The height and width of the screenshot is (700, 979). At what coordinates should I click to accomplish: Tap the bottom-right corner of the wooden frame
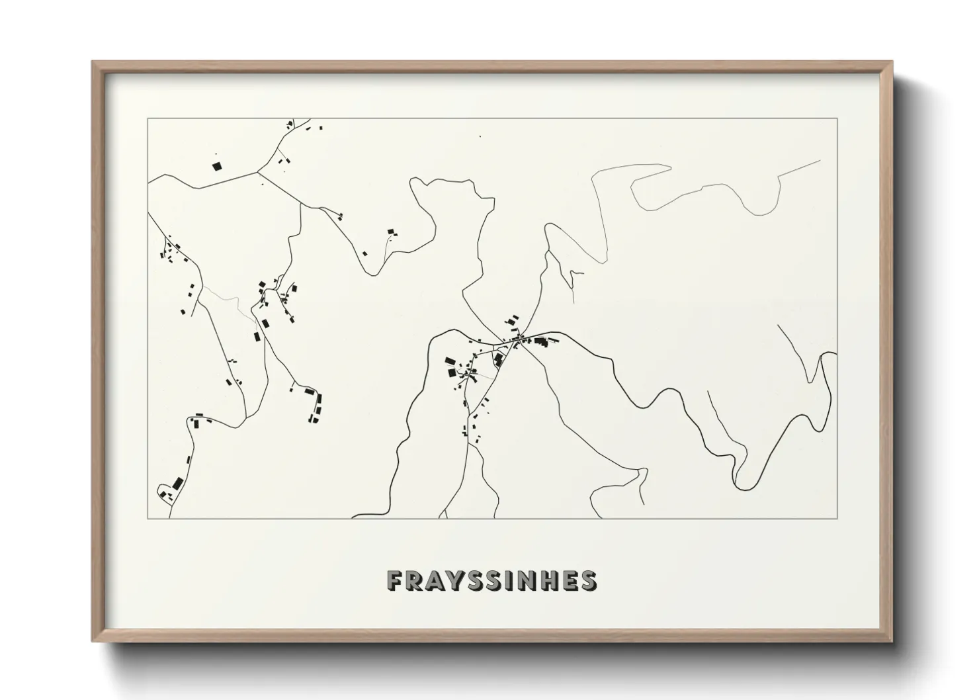892,641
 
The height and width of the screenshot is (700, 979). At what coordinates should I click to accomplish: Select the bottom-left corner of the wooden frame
93,641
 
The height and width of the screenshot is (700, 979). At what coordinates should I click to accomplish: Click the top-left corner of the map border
148,118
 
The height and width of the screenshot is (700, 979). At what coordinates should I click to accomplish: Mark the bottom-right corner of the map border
837,517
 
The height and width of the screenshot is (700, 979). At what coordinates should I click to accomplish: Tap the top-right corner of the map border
837,118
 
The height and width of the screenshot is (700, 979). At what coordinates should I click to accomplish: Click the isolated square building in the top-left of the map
216,166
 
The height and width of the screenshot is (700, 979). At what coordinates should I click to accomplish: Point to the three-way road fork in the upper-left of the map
257,171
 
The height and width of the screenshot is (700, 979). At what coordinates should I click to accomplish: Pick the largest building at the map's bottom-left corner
177,483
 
